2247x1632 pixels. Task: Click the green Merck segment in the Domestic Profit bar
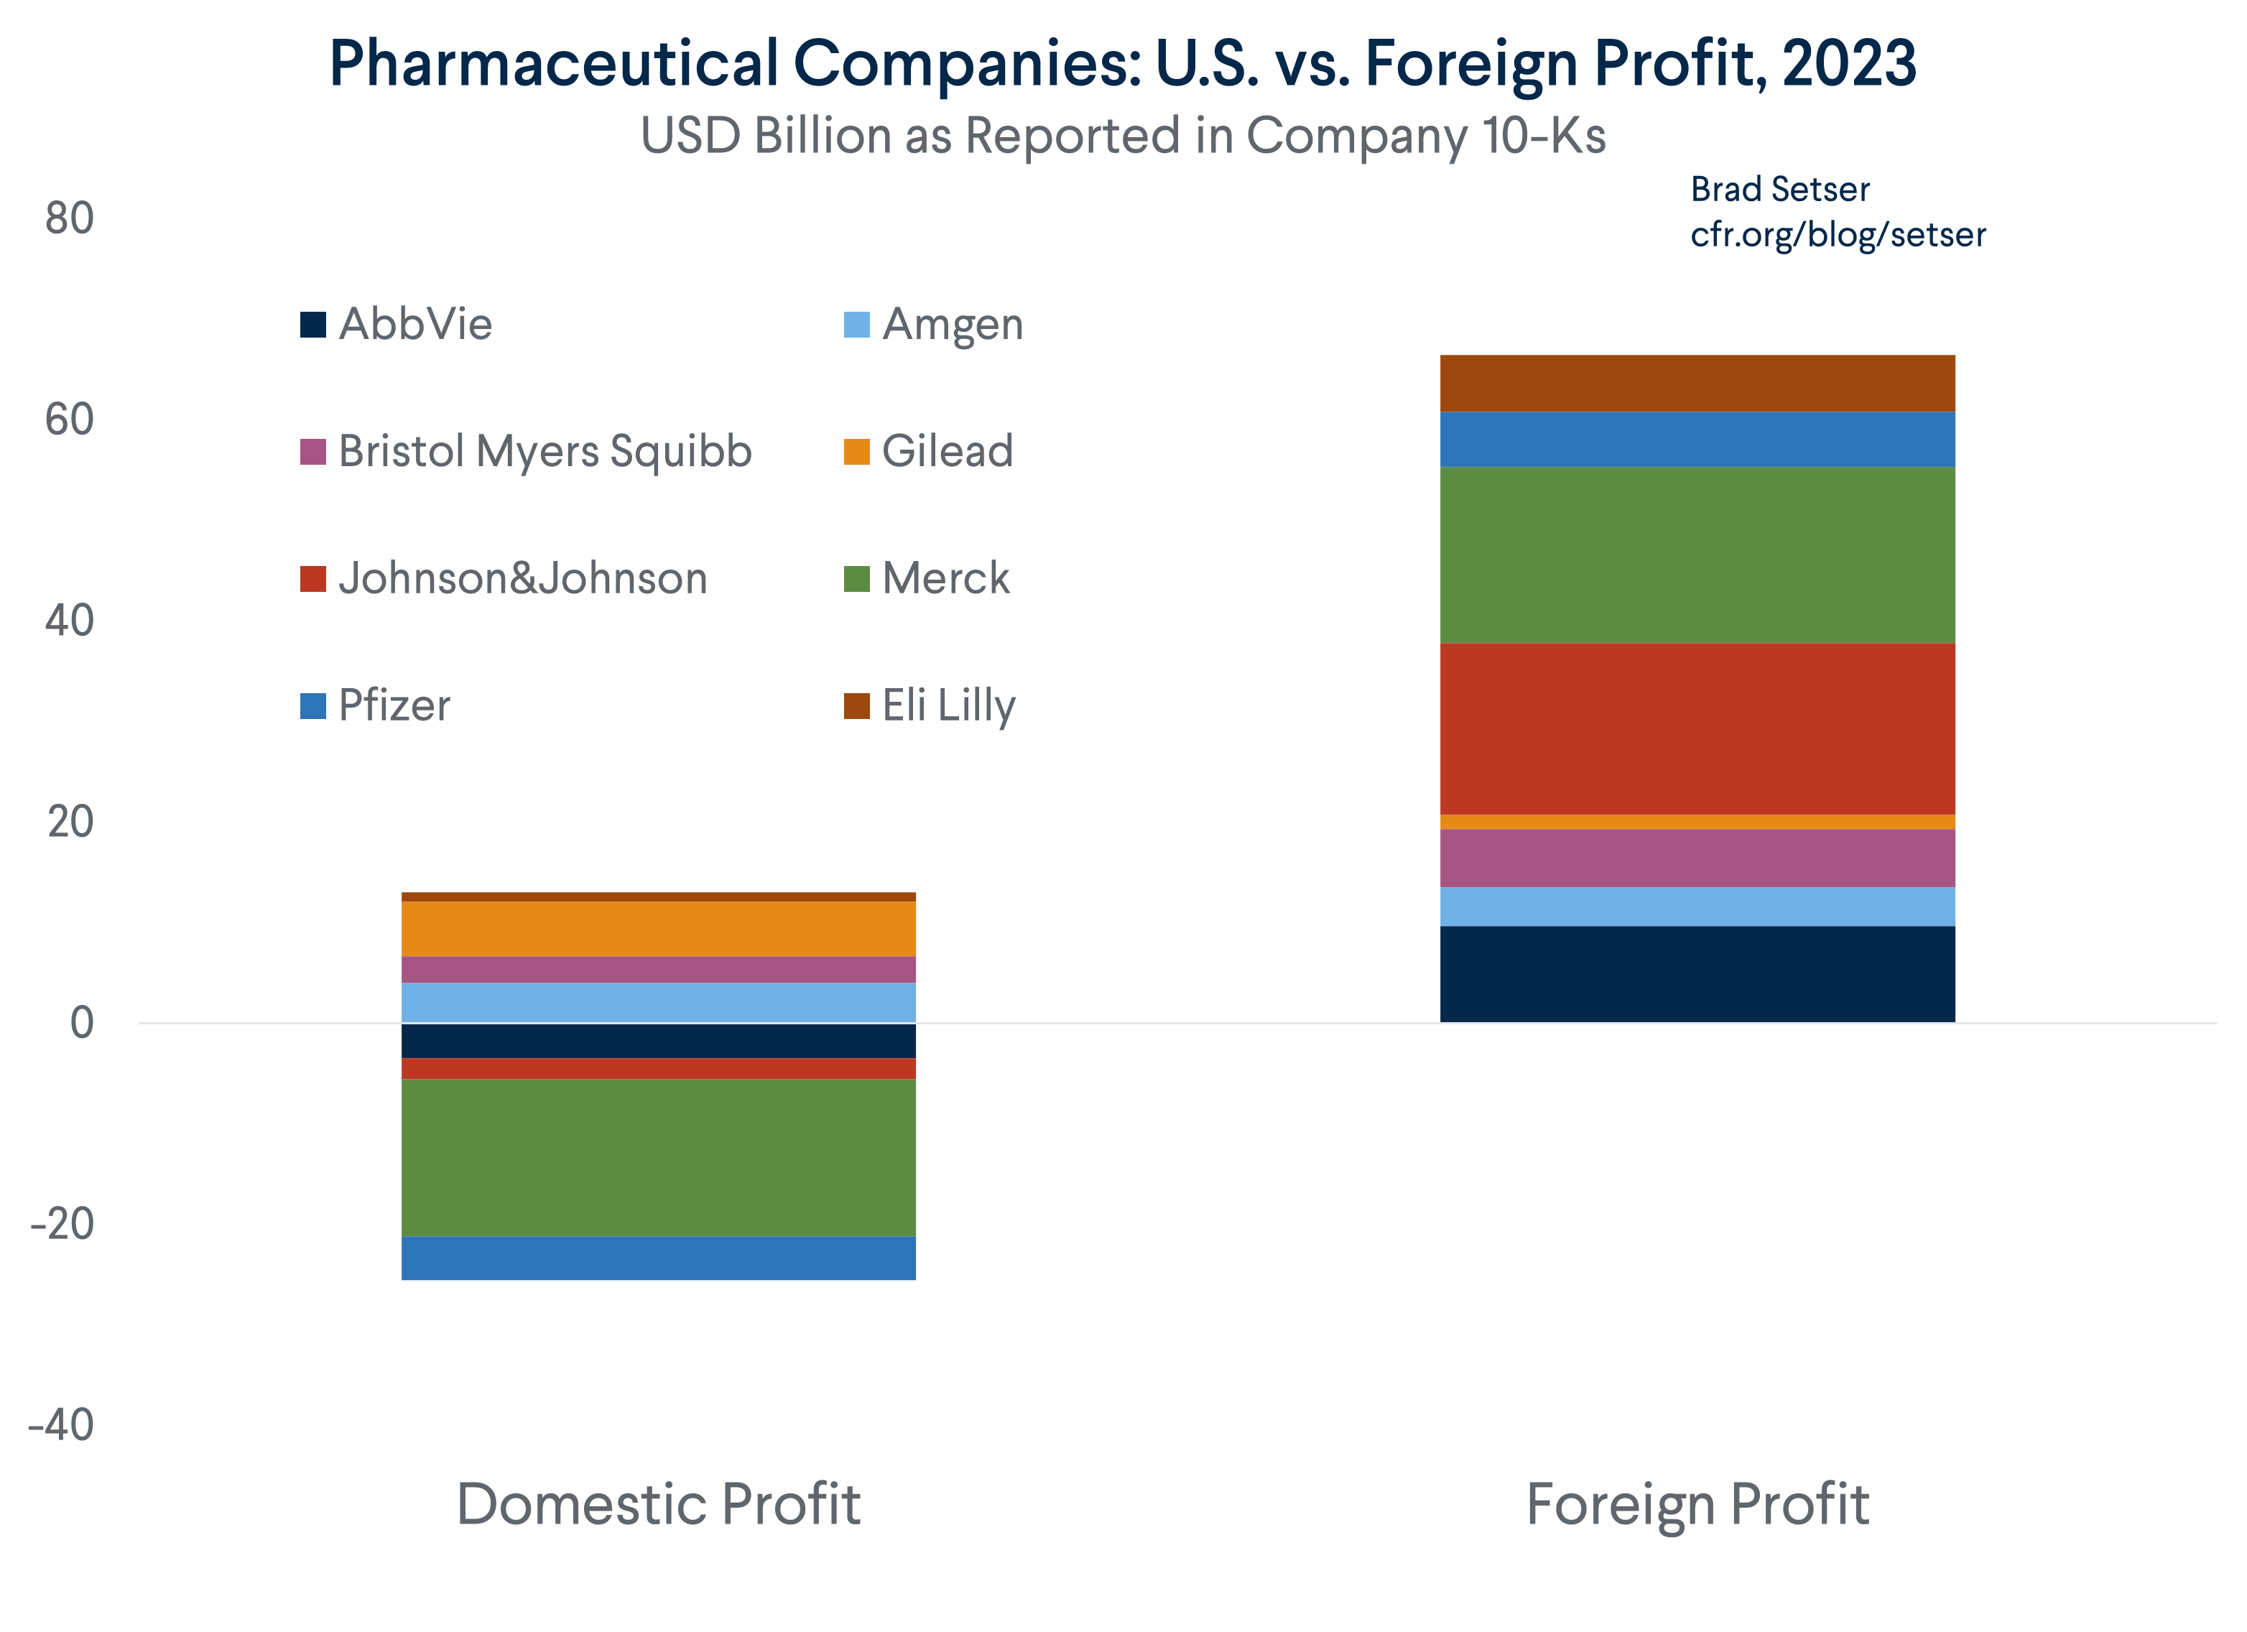point(658,1156)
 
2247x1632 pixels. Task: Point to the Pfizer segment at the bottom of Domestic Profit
point(658,1258)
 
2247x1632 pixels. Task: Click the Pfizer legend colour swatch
point(313,705)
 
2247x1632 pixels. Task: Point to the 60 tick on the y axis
point(70,419)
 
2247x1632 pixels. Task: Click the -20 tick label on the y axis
point(62,1224)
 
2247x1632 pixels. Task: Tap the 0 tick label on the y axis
point(82,1023)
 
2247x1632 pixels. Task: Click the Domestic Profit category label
point(658,1503)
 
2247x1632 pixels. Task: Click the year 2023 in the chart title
point(1849,63)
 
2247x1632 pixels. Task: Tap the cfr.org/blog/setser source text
point(1837,235)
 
